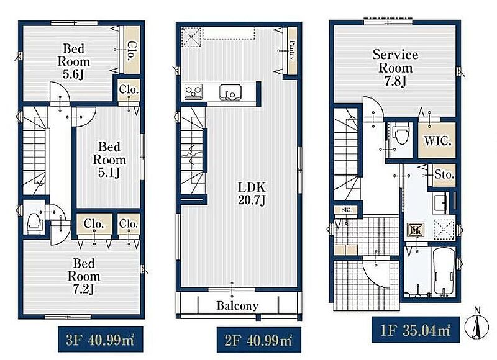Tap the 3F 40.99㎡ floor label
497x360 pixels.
(100, 340)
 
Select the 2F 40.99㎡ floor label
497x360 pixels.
(258, 340)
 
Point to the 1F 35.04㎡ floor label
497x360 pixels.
(415, 330)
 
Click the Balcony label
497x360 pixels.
(237, 305)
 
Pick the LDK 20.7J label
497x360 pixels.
(252, 194)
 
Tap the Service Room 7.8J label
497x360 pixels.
(395, 68)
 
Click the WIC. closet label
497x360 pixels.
(437, 140)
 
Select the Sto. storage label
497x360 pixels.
(444, 174)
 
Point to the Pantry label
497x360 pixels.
(292, 50)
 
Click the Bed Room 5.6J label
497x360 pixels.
(73, 61)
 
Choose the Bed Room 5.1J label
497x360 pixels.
(109, 160)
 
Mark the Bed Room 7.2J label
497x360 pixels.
(84, 276)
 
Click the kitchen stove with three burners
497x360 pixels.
(194, 91)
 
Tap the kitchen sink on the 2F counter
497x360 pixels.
(230, 92)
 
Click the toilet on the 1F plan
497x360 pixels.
(401, 134)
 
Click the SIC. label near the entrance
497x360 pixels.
(346, 210)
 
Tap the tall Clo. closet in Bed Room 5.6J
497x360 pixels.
(132, 50)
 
